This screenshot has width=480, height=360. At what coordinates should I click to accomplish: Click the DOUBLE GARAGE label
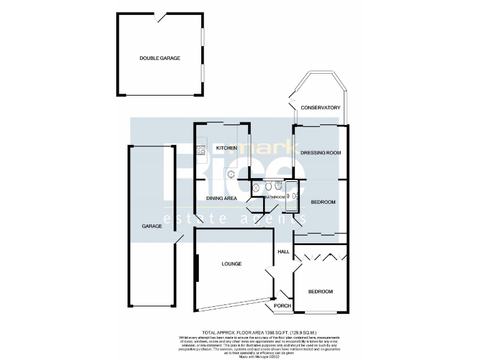(159, 58)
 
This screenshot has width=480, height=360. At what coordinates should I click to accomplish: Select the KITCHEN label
(226, 148)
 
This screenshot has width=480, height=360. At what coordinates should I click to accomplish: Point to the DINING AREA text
(221, 198)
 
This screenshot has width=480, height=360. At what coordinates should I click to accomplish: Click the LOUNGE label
(231, 264)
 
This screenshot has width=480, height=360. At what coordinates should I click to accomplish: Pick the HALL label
(284, 251)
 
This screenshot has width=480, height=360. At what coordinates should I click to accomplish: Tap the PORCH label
(282, 306)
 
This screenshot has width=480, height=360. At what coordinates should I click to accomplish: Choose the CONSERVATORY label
(320, 108)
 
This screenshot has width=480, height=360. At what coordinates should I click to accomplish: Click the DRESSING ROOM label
(320, 152)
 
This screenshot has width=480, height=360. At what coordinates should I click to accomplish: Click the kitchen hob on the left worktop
(201, 149)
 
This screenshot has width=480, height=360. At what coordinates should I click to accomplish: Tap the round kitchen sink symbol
(231, 174)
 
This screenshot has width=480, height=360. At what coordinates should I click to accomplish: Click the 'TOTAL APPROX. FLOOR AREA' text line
(259, 332)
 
